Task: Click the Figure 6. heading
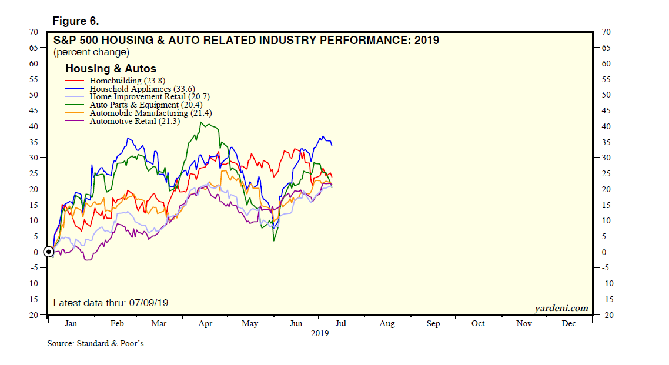[75, 21]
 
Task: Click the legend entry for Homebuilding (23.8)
[115, 81]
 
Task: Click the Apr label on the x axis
[205, 324]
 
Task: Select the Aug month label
[387, 324]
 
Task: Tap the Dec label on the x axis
[568, 324]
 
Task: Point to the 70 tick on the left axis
[34, 32]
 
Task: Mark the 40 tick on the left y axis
[34, 126]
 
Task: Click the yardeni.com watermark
[561, 308]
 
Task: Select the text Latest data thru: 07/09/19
[111, 303]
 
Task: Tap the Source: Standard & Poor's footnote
[96, 343]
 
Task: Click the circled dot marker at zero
[49, 252]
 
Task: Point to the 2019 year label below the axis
[319, 333]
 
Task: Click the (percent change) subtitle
[91, 52]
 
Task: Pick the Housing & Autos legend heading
[111, 69]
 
